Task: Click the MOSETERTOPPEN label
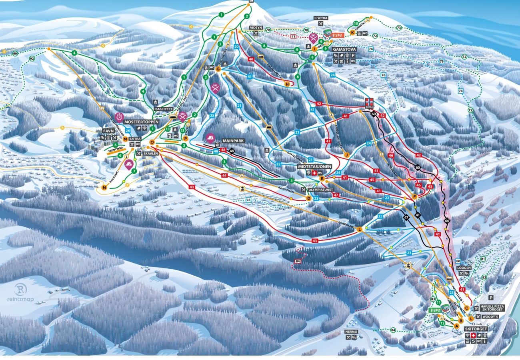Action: coord(141,122)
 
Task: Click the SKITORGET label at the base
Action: coord(475,328)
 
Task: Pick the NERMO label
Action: coord(352,331)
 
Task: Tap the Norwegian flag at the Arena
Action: coord(369,101)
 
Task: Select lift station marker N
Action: coord(105,187)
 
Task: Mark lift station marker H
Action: coord(287,84)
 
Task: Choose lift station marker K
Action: coord(352,32)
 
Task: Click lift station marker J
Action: coord(346,154)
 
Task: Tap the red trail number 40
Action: coord(251,59)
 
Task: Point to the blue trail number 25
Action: coord(212,116)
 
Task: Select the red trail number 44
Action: coord(224,175)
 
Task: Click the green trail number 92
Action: coord(32,59)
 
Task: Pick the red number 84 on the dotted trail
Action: coord(297,262)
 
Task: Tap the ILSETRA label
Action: coord(321,18)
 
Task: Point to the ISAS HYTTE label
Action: coord(163,109)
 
